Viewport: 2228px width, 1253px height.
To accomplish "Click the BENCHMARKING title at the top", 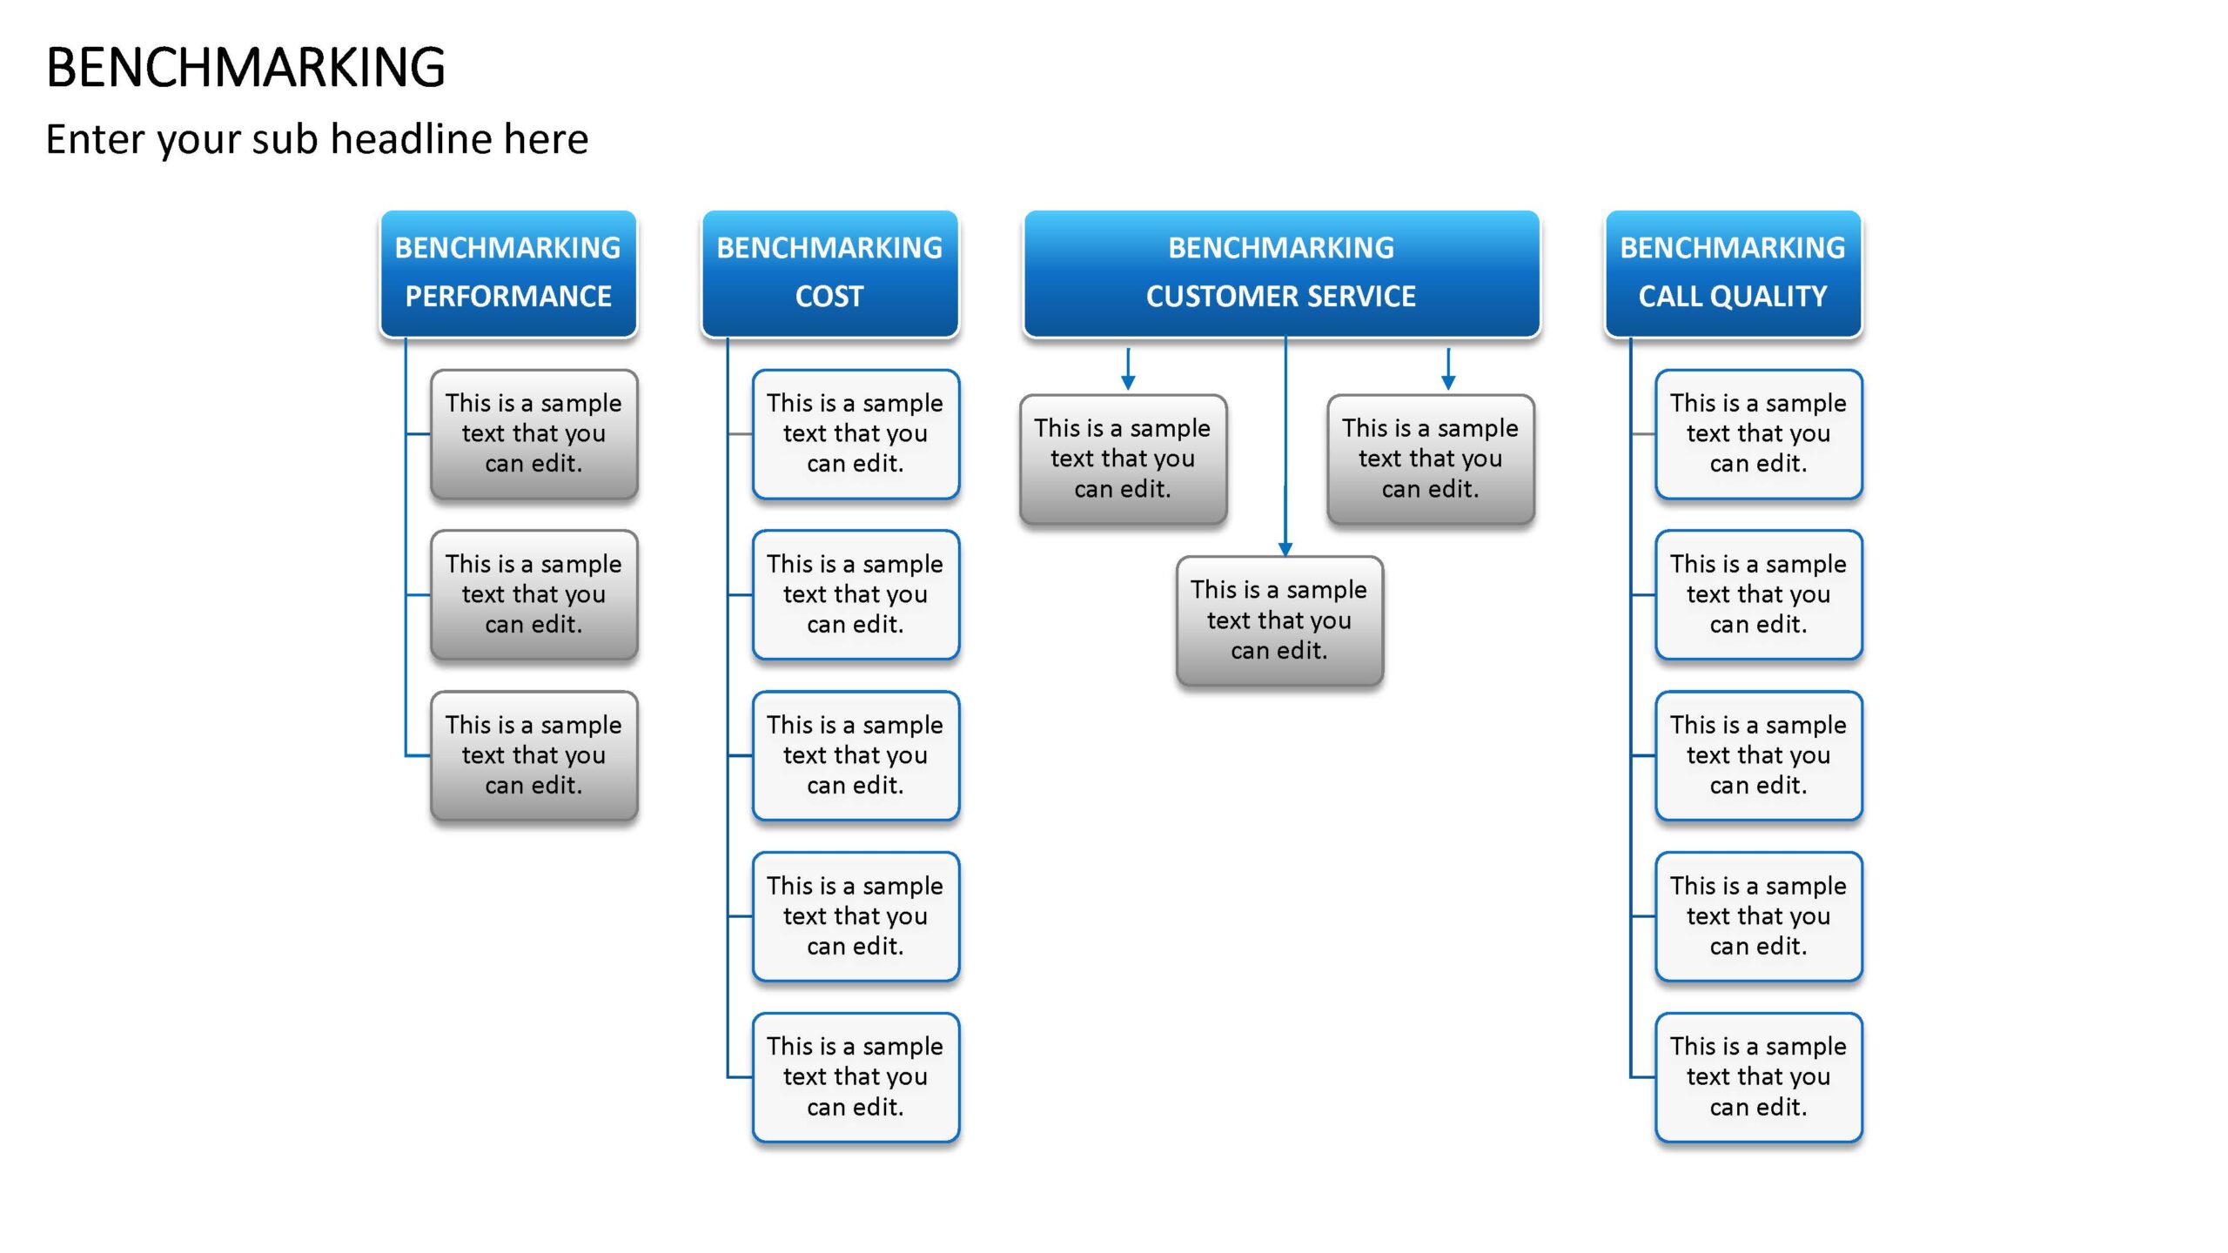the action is click(245, 67).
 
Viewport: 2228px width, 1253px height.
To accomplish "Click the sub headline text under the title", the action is click(317, 139).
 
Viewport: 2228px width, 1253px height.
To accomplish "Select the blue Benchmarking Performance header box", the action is click(508, 273).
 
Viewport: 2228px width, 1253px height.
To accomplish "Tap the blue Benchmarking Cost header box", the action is click(829, 273).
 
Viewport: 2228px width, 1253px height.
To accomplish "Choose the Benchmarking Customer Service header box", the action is click(1281, 273).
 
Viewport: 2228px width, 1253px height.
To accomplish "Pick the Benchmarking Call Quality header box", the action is click(1733, 273).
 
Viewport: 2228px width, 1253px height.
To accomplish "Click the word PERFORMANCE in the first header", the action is click(508, 297).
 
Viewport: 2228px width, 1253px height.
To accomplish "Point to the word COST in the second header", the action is click(829, 297).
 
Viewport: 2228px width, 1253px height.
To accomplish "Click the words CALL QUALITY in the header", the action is click(1733, 297).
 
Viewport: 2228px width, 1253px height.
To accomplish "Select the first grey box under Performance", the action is click(534, 434).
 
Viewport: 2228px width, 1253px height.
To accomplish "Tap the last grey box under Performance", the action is click(534, 755).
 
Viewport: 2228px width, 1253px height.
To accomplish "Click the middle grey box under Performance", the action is click(534, 595).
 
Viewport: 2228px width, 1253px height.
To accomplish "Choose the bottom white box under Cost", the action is click(856, 1077).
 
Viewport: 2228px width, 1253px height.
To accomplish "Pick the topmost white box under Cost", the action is click(856, 434).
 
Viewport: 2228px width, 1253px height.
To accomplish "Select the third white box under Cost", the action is click(856, 755).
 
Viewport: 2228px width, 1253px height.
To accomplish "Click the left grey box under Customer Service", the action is click(1123, 459).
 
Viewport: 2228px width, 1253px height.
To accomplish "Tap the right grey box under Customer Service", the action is click(1431, 459).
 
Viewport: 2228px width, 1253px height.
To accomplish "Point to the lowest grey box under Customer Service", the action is click(1279, 620).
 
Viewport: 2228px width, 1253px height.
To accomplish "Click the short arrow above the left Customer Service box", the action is click(1128, 369).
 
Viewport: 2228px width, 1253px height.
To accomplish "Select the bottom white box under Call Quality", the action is click(1759, 1077).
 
